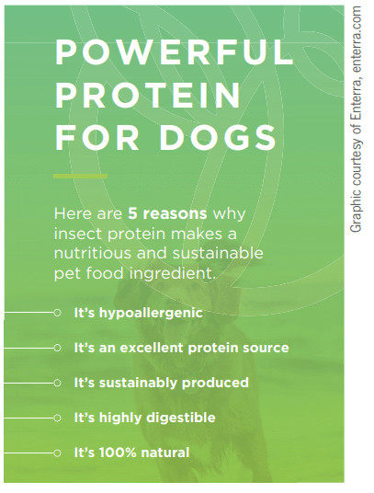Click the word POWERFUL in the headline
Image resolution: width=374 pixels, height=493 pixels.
pyautogui.click(x=175, y=52)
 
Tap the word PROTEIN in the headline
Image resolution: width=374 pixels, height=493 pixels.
pyautogui.click(x=148, y=95)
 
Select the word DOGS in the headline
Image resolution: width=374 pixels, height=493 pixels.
pyautogui.click(x=218, y=138)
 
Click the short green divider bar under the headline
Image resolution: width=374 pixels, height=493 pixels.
pyautogui.click(x=80, y=176)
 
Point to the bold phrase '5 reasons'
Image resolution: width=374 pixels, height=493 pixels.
pyautogui.click(x=167, y=213)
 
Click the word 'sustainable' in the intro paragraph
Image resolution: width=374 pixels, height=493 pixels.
pyautogui.click(x=218, y=254)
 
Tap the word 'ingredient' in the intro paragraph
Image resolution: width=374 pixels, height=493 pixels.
pyautogui.click(x=173, y=274)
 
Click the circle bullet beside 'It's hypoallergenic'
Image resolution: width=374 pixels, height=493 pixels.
pyautogui.click(x=57, y=313)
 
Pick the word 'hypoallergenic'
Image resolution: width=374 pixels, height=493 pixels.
pyautogui.click(x=151, y=314)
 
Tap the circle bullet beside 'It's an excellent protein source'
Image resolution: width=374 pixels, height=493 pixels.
pyautogui.click(x=57, y=348)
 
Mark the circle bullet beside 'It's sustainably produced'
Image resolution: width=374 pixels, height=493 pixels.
pyautogui.click(x=57, y=383)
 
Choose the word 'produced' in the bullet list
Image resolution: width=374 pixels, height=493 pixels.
pyautogui.click(x=215, y=384)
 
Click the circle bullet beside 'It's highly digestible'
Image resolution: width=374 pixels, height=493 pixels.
pyautogui.click(x=57, y=418)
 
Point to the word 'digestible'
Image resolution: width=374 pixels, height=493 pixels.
pyautogui.click(x=181, y=418)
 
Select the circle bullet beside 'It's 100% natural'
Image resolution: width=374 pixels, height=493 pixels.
pyautogui.click(x=57, y=453)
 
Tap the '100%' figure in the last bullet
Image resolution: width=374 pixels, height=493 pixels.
pyautogui.click(x=118, y=453)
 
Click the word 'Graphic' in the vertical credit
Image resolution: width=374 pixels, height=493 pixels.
pyautogui.click(x=357, y=211)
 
